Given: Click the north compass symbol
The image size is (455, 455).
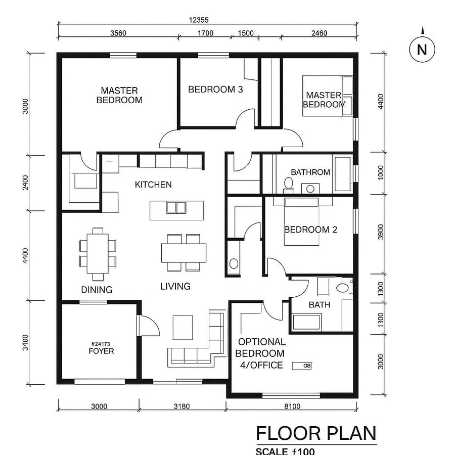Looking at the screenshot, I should (x=422, y=50).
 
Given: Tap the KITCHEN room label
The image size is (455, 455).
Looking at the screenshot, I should (x=153, y=185).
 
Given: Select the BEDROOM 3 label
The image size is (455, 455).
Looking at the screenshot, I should (x=215, y=89).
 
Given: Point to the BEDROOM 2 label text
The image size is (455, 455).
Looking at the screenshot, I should (x=310, y=230).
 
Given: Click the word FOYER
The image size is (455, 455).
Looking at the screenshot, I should (x=101, y=351).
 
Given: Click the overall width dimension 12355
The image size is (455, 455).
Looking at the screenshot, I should (x=199, y=20).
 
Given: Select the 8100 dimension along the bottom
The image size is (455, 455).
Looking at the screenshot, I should (x=292, y=406).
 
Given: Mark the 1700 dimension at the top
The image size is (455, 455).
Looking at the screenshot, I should (x=205, y=33).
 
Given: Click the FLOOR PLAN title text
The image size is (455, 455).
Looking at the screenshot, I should (x=316, y=433).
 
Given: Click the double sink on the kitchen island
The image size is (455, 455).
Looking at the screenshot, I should (x=176, y=207).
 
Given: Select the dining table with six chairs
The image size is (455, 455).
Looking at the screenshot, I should (x=98, y=253).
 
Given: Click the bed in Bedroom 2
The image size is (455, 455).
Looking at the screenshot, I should (x=302, y=222).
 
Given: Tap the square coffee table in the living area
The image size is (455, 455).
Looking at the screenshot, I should (x=183, y=327).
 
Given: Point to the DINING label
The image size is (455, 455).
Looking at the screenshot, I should (x=97, y=290).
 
